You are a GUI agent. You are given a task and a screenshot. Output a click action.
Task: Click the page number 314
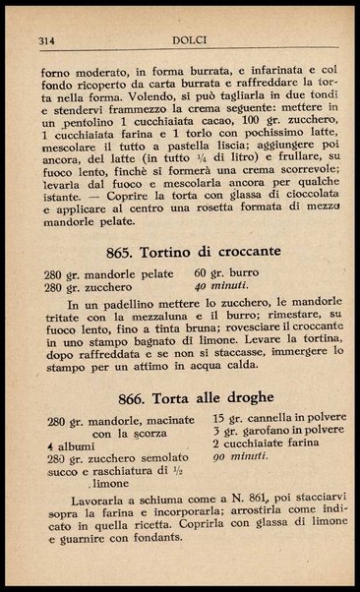pyautogui.click(x=46, y=41)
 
